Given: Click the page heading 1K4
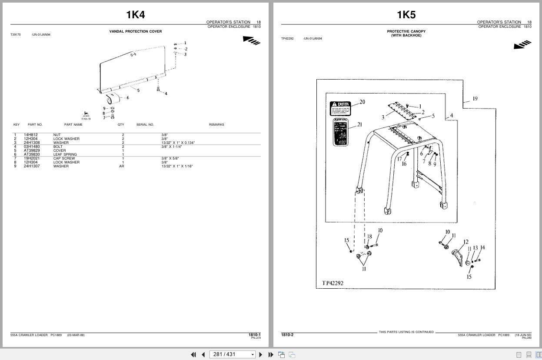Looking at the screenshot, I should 135,15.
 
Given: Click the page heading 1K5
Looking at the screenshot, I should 406,15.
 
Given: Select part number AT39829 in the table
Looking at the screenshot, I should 32,150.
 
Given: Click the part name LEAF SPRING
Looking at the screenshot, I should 65,154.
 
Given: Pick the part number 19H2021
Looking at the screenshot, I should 31,158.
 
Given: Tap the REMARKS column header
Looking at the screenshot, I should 216,125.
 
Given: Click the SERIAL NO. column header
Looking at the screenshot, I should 145,125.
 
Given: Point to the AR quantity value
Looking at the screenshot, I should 122,166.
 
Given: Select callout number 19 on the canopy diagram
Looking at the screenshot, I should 475,99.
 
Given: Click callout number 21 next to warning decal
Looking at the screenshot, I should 359,125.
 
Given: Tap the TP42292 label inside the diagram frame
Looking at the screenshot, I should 333,283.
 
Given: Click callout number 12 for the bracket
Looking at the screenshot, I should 466,242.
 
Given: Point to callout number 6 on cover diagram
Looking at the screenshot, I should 127,98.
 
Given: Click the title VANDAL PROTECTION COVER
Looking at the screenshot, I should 135,31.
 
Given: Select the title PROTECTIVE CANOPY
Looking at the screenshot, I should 406,31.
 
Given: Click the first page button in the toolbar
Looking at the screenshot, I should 193,354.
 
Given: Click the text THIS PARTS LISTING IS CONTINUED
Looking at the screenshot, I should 406,332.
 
